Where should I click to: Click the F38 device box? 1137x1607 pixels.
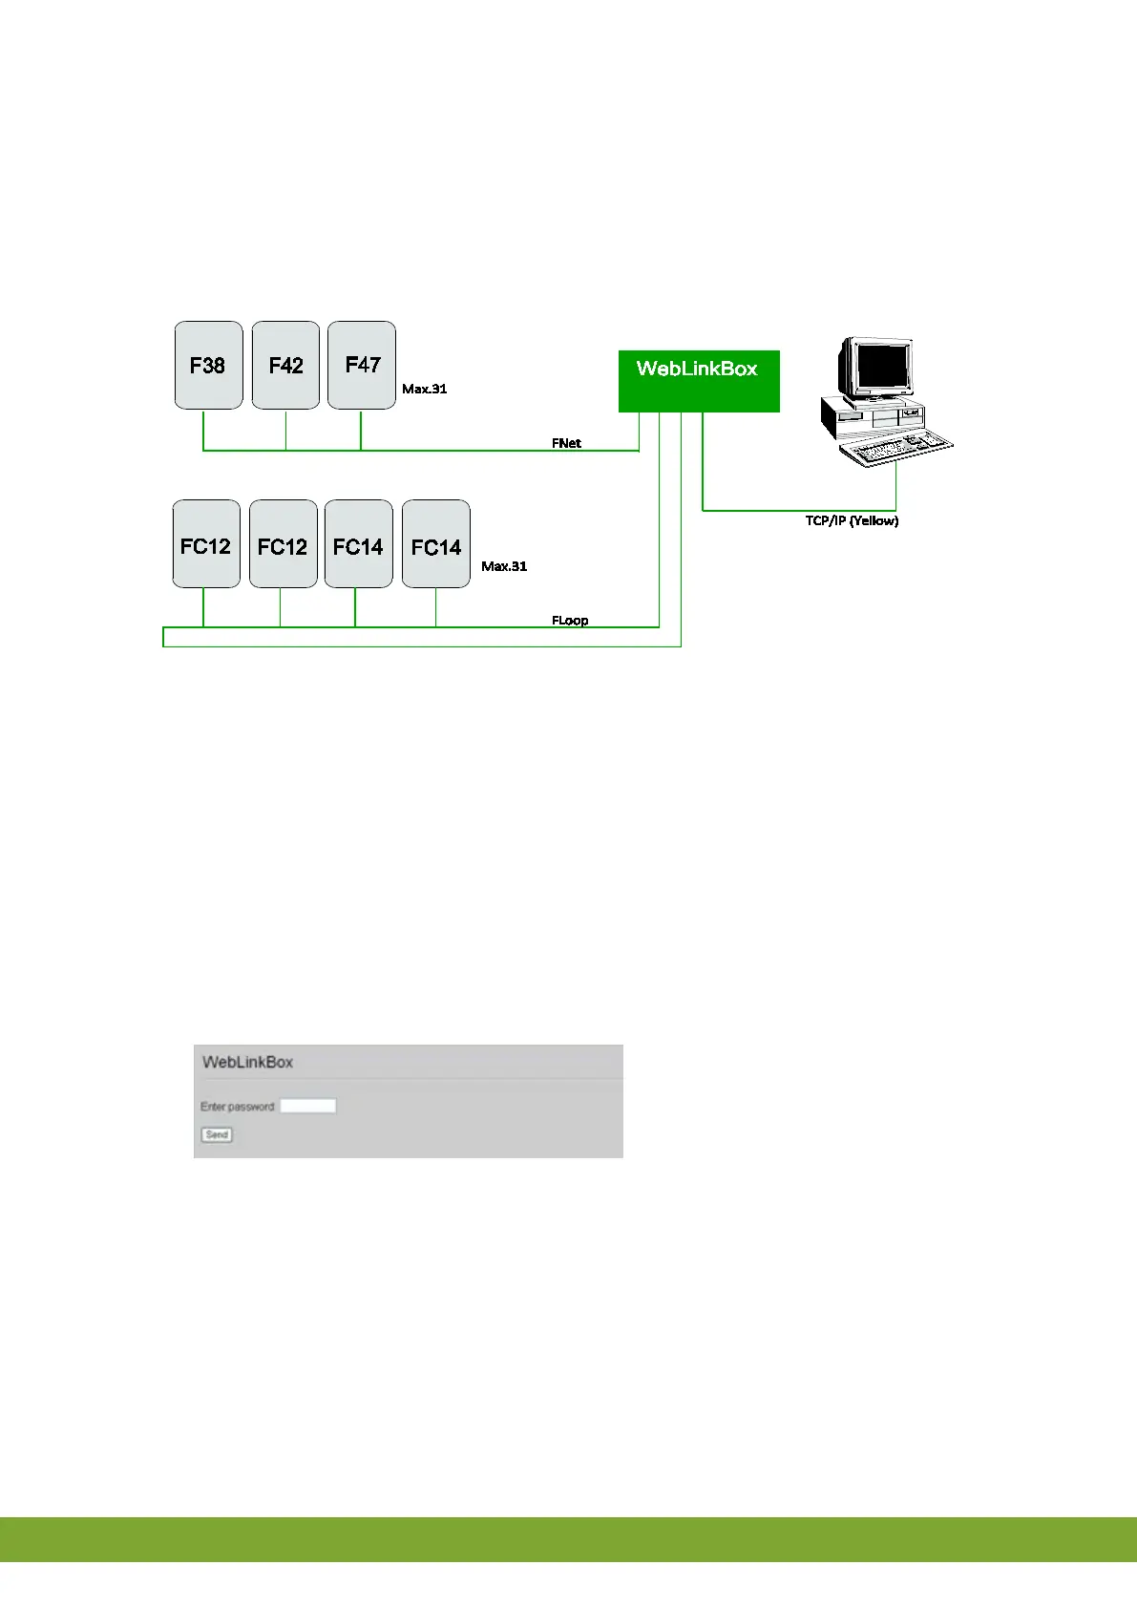click(x=208, y=366)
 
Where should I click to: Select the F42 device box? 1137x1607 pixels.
click(x=285, y=366)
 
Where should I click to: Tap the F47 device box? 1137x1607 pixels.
click(x=362, y=366)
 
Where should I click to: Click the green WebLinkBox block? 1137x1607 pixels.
click(x=699, y=381)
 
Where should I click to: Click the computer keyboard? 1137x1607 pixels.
click(x=896, y=448)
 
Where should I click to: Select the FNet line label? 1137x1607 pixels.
click(x=566, y=443)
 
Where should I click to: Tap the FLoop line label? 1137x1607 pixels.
click(x=570, y=621)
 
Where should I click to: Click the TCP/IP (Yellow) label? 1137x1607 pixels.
click(x=852, y=521)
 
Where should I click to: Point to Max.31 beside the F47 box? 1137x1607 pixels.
click(x=425, y=389)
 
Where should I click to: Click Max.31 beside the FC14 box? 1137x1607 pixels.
click(x=504, y=566)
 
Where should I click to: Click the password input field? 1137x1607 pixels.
click(x=307, y=1106)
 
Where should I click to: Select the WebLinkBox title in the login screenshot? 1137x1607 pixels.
click(x=248, y=1062)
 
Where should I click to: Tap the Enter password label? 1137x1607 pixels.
click(x=238, y=1107)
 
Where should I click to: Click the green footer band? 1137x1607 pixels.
click(x=568, y=1538)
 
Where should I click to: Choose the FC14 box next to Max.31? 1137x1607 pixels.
click(x=436, y=544)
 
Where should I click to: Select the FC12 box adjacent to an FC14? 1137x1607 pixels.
click(x=284, y=544)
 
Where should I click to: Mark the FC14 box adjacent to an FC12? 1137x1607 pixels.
click(x=359, y=544)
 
